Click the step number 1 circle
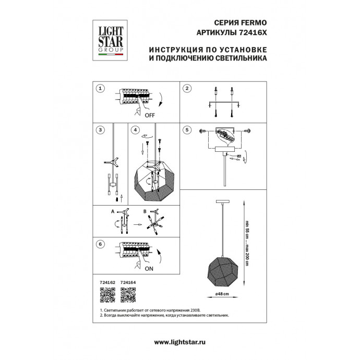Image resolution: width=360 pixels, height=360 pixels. pos(101,89)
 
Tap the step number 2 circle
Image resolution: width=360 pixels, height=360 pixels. pos(187,89)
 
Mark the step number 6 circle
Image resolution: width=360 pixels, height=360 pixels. pos(101,244)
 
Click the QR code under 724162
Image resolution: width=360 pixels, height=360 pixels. pos(106,295)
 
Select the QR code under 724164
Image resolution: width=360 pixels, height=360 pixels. pos(127,295)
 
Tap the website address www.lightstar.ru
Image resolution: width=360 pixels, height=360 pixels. pos(180,342)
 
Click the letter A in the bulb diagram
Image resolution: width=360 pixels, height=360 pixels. pos(112,212)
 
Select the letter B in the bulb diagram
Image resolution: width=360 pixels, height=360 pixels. pos(144,212)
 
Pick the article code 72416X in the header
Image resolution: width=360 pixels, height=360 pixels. pos(251,32)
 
